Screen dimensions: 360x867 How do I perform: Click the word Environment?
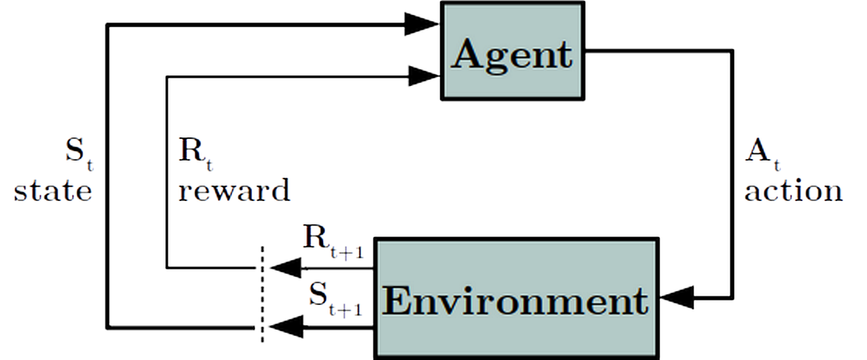pyautogui.click(x=515, y=302)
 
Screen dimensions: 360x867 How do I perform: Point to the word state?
pyautogui.click(x=53, y=191)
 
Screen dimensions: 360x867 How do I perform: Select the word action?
pyautogui.click(x=793, y=191)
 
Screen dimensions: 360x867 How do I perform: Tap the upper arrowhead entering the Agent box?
pyautogui.click(x=423, y=24)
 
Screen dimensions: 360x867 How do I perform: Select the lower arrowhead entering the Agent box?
pyautogui.click(x=424, y=74)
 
